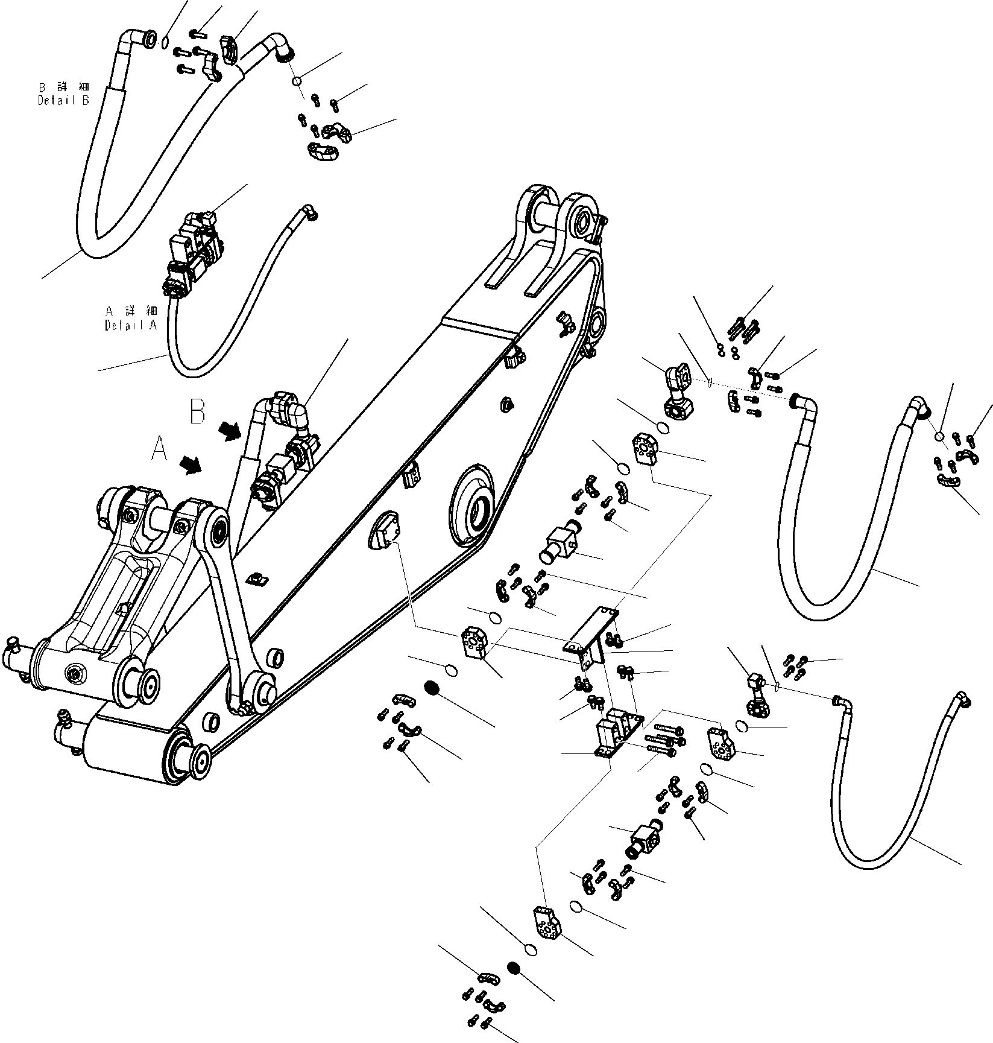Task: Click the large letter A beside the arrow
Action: pyautogui.click(x=159, y=449)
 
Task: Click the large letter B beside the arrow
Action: pyautogui.click(x=198, y=411)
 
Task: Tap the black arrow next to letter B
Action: pyautogui.click(x=229, y=430)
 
